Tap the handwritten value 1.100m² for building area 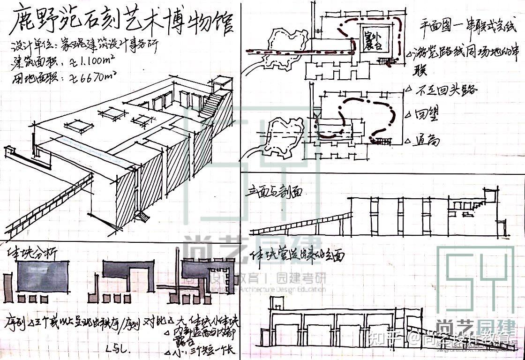tap(98, 61)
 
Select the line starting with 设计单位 tap(84, 47)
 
